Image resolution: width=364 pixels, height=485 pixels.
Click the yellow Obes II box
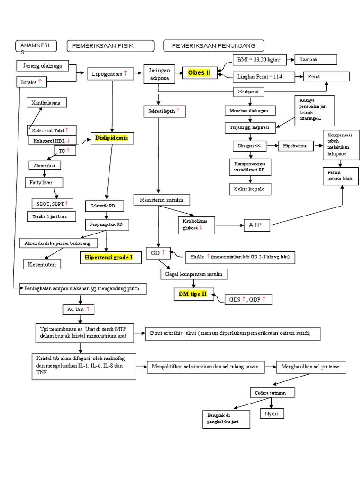coord(200,72)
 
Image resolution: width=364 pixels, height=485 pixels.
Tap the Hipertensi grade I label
coord(109,258)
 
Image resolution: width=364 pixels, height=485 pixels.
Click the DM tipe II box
coord(193,294)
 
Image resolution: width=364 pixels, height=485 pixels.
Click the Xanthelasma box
coord(46,103)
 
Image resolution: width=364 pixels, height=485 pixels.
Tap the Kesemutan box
coord(43,264)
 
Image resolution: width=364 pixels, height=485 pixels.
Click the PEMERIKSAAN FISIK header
coord(110,45)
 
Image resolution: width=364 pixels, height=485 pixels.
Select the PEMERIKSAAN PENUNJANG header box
coord(213,45)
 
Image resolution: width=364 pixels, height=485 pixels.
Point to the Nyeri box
coord(273,413)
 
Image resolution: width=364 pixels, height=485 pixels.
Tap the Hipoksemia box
coord(299,146)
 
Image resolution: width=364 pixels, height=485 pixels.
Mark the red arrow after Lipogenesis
coord(126,73)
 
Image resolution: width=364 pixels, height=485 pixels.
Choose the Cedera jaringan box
coord(273,393)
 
